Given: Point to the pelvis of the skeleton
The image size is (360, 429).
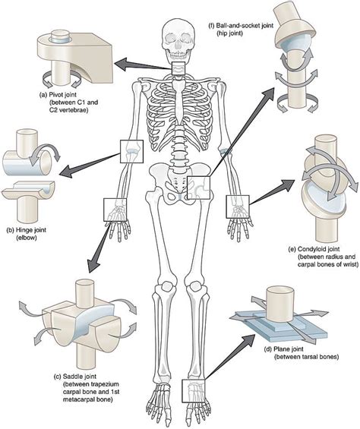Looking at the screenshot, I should [x=179, y=182].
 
